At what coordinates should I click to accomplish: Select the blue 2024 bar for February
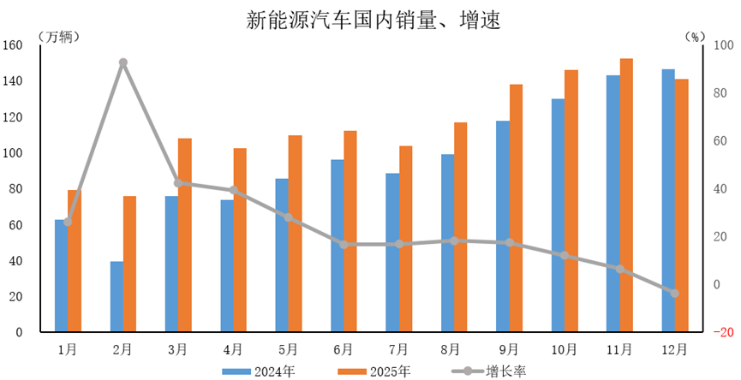(117, 296)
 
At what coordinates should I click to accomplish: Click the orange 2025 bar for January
(75, 260)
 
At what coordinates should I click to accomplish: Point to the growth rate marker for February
(123, 62)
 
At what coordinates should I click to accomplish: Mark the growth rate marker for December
(674, 293)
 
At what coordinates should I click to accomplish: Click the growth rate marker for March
(178, 182)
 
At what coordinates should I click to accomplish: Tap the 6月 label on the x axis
(343, 349)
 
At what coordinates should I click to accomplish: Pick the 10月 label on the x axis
(564, 349)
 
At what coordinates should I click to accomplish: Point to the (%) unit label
(695, 36)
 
